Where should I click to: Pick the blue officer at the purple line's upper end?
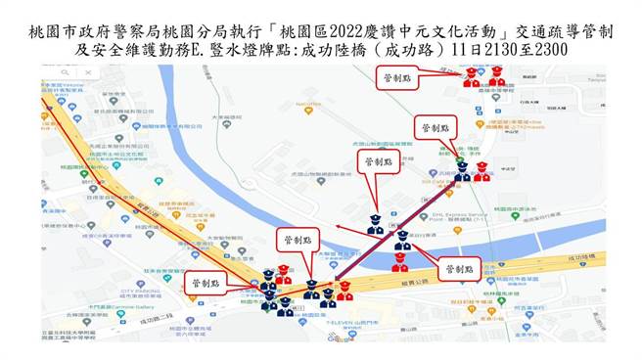point(461,171)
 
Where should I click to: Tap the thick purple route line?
point(401,232)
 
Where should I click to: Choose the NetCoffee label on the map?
point(309,101)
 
